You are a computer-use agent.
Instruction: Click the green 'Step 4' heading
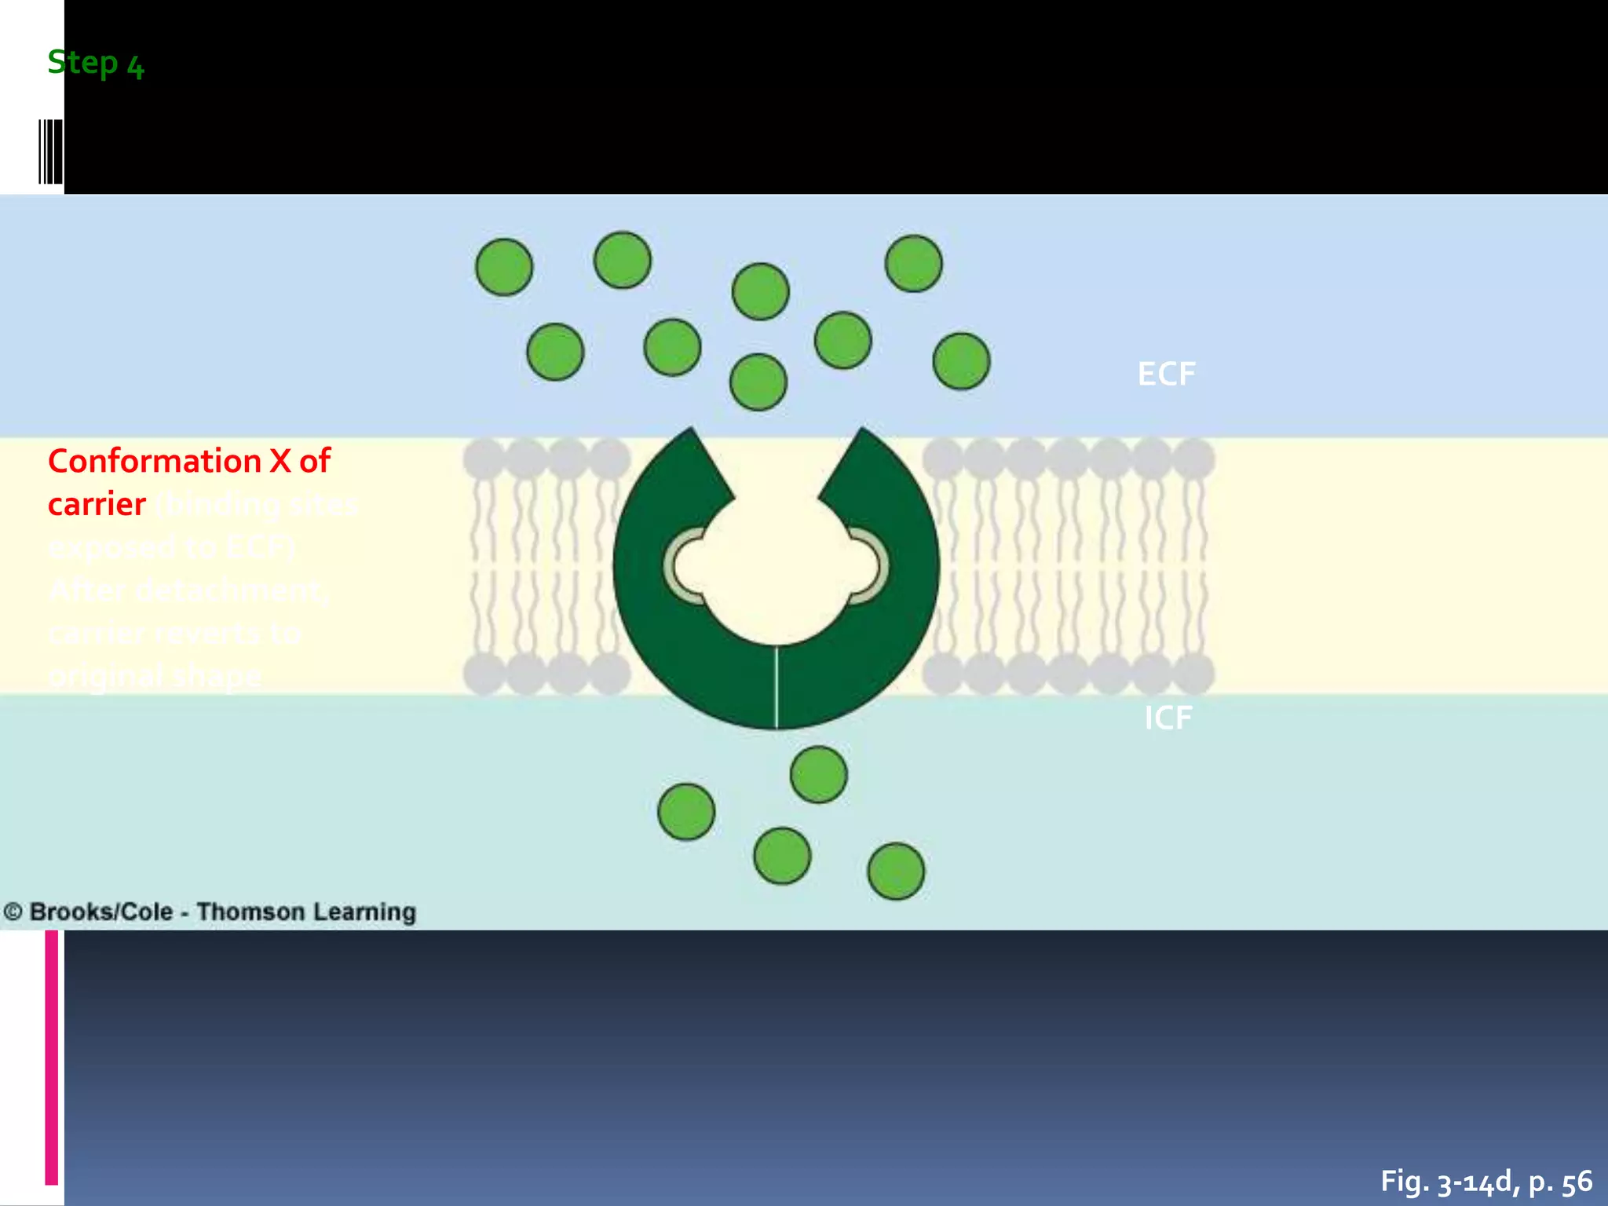pyautogui.click(x=96, y=63)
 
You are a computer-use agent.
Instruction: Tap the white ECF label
pyautogui.click(x=1166, y=374)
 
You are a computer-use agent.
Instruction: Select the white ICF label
pyautogui.click(x=1168, y=718)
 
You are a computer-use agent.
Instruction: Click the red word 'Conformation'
pyautogui.click(x=155, y=461)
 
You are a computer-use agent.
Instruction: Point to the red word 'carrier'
pyautogui.click(x=97, y=504)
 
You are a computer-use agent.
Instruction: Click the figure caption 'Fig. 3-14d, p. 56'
pyautogui.click(x=1486, y=1181)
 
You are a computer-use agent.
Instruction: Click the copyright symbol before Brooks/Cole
pyautogui.click(x=13, y=912)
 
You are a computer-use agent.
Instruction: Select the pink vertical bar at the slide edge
pyautogui.click(x=52, y=1057)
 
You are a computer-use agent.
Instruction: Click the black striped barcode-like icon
pyautogui.click(x=50, y=152)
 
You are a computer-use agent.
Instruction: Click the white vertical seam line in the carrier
pyautogui.click(x=777, y=686)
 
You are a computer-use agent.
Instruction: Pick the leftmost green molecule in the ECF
pyautogui.click(x=504, y=267)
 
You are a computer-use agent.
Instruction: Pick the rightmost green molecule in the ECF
pyautogui.click(x=961, y=361)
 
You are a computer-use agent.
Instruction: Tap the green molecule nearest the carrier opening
pyautogui.click(x=758, y=382)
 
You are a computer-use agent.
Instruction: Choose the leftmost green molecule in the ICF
pyautogui.click(x=686, y=811)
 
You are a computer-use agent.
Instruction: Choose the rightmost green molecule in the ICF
pyautogui.click(x=896, y=871)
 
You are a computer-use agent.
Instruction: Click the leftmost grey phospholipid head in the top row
pyautogui.click(x=484, y=459)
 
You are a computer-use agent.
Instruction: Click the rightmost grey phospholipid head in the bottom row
pyautogui.click(x=1193, y=674)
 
